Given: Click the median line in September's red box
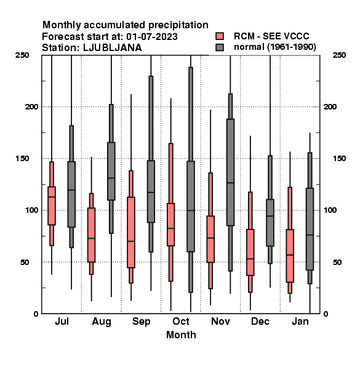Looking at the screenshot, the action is pos(131,241).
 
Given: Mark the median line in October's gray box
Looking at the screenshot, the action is pos(191,210).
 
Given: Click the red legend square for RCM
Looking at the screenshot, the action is pos(220,36).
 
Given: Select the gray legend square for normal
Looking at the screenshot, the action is pos(220,47).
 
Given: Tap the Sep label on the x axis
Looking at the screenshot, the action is pos(142,322).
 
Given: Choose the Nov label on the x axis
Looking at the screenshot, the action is pos(220,321).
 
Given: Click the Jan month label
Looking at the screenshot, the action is pos(300,321).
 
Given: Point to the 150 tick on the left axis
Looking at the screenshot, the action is pos(22,159).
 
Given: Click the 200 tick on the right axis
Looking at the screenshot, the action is pos(330,106).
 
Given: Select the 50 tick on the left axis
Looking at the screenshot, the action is pos(25,262).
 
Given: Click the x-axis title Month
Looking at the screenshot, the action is pos(181,335).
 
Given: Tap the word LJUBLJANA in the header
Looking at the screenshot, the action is pos(113,48).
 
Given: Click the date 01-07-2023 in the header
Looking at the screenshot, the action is pos(152,37).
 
